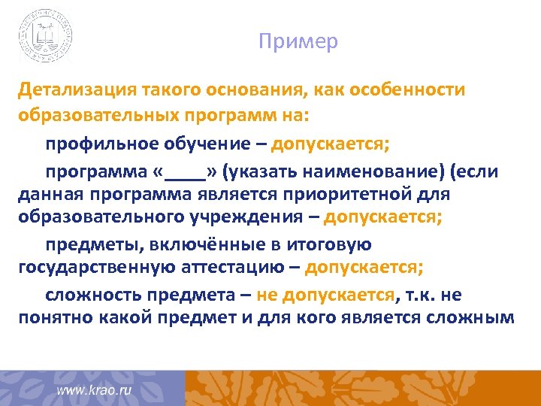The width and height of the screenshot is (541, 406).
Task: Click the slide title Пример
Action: point(298,41)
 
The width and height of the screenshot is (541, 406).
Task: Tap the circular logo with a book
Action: point(47,35)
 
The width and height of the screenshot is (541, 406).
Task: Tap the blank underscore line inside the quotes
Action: point(185,171)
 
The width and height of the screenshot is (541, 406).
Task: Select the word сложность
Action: point(89,294)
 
